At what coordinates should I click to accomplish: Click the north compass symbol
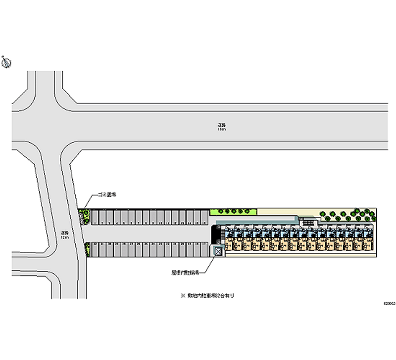click(6, 62)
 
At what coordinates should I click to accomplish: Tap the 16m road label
click(221, 127)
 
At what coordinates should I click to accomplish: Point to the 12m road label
click(64, 235)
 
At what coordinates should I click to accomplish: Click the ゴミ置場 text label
click(106, 196)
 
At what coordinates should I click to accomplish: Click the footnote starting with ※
click(207, 296)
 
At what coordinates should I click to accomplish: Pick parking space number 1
click(94, 218)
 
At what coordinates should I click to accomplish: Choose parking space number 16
click(204, 218)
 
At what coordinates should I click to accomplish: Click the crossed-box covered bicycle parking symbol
click(218, 252)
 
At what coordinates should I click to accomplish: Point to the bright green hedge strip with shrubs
click(233, 211)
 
